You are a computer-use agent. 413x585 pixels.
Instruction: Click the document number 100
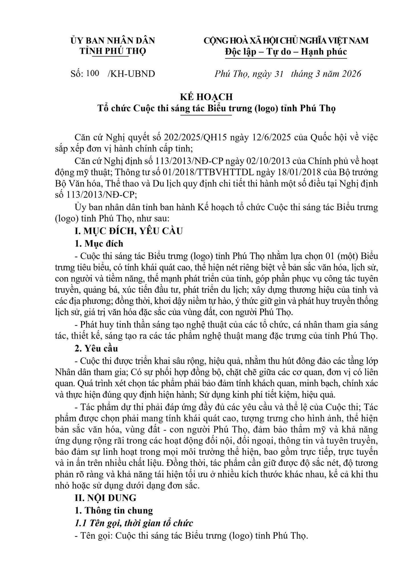pyautogui.click(x=92, y=73)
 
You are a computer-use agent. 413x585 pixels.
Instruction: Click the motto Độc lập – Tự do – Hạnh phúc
pyautogui.click(x=286, y=52)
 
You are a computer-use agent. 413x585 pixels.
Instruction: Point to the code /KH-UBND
pyautogui.click(x=131, y=74)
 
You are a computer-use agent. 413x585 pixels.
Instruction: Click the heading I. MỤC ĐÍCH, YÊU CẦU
pyautogui.click(x=128, y=231)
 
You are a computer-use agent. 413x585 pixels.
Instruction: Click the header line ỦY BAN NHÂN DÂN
pyautogui.click(x=113, y=41)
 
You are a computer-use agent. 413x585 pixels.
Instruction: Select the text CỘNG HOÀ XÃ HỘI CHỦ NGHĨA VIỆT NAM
pyautogui.click(x=286, y=41)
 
